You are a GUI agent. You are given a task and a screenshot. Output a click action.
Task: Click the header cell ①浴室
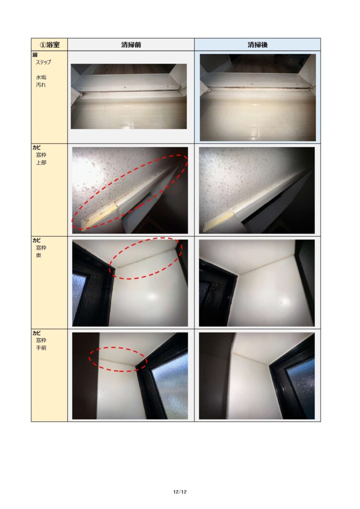(49, 44)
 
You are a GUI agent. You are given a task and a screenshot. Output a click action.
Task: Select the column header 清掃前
(131, 45)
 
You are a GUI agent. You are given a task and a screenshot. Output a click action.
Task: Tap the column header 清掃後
(258, 45)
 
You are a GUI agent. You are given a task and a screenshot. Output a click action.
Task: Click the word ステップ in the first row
(43, 62)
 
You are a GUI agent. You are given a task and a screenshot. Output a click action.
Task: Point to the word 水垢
(41, 77)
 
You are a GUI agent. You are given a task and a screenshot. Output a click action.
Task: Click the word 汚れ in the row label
(41, 85)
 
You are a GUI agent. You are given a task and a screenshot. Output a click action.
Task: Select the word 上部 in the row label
(41, 163)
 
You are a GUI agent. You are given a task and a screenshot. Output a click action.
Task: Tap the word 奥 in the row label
(39, 255)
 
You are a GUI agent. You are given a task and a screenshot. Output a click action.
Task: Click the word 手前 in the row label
(41, 347)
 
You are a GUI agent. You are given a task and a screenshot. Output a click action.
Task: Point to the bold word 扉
(35, 55)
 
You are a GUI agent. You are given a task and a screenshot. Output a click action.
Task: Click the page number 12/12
(180, 492)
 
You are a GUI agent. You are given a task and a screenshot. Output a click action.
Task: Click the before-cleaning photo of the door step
(129, 96)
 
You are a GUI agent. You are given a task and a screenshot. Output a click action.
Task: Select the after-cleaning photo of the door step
(258, 97)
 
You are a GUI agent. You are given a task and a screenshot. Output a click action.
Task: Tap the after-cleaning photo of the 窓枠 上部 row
(257, 190)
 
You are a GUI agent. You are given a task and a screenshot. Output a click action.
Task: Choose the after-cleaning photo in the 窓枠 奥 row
(257, 283)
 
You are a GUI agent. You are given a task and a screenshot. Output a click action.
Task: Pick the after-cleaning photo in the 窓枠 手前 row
(257, 376)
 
